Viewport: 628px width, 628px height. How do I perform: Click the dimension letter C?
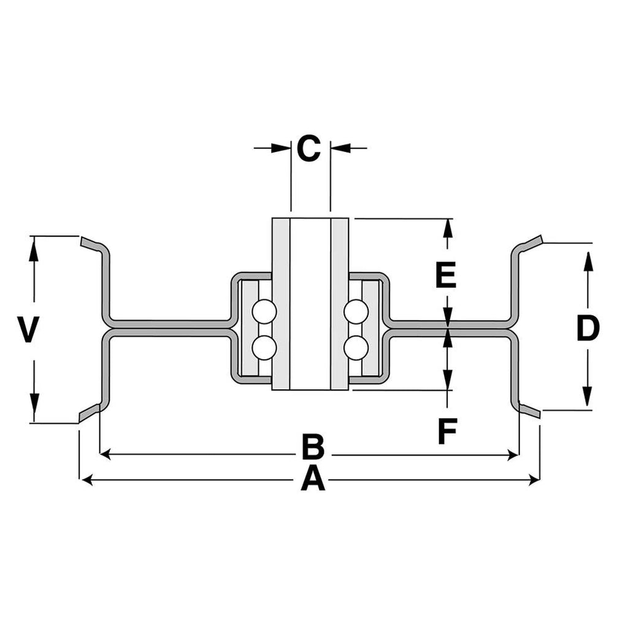[x=309, y=148]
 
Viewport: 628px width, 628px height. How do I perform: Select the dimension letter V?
[x=28, y=329]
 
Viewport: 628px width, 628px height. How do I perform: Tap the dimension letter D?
[x=588, y=328]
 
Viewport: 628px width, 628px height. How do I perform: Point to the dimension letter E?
[x=446, y=275]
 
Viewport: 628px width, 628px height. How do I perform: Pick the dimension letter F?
[x=447, y=431]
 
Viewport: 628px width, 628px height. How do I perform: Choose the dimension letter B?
[x=313, y=446]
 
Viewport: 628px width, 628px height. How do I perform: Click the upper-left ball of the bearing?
[x=264, y=312]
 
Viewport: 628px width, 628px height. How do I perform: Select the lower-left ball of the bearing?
[x=264, y=348]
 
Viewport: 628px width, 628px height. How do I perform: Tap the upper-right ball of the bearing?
[x=356, y=312]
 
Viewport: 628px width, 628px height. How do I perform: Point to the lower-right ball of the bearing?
[x=356, y=348]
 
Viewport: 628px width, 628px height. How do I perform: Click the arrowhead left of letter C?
[x=281, y=148]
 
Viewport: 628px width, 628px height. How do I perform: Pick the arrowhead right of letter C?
[x=340, y=148]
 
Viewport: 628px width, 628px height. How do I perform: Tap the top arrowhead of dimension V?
[x=34, y=249]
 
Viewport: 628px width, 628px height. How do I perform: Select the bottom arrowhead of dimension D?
[x=587, y=397]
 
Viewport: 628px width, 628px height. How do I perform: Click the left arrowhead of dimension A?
[x=87, y=480]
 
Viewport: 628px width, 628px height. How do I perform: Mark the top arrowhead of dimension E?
[x=448, y=231]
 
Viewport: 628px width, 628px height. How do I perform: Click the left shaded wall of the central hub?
[x=281, y=304]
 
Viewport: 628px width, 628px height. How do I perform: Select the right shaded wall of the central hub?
[x=340, y=304]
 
